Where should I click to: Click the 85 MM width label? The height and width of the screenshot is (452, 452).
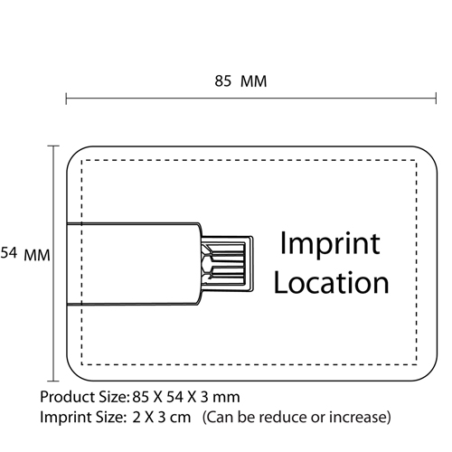pyautogui.click(x=240, y=81)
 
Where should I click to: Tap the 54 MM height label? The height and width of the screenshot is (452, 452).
pyautogui.click(x=25, y=253)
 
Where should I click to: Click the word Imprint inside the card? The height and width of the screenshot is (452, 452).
pyautogui.click(x=330, y=243)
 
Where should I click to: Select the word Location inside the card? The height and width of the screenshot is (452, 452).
pyautogui.click(x=331, y=282)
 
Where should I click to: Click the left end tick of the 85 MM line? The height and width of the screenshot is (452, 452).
pyautogui.click(x=66, y=99)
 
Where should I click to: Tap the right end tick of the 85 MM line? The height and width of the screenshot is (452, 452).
pyautogui.click(x=436, y=99)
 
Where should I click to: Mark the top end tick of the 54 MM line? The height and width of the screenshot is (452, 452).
pyautogui.click(x=53, y=146)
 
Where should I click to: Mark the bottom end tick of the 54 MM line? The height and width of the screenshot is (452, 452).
pyautogui.click(x=53, y=381)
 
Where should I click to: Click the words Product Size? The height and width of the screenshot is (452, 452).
pyautogui.click(x=85, y=397)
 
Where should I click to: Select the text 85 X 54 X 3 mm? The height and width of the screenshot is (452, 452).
pyautogui.click(x=186, y=397)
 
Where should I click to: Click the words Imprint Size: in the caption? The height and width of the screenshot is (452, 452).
pyautogui.click(x=82, y=418)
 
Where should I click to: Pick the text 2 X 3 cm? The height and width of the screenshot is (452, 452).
pyautogui.click(x=162, y=418)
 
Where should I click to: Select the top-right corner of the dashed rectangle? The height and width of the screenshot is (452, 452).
pyautogui.click(x=417, y=160)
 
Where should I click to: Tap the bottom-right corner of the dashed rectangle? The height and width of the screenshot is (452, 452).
pyautogui.click(x=417, y=364)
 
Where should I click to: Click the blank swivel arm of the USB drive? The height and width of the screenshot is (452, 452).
pyautogui.click(x=133, y=264)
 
